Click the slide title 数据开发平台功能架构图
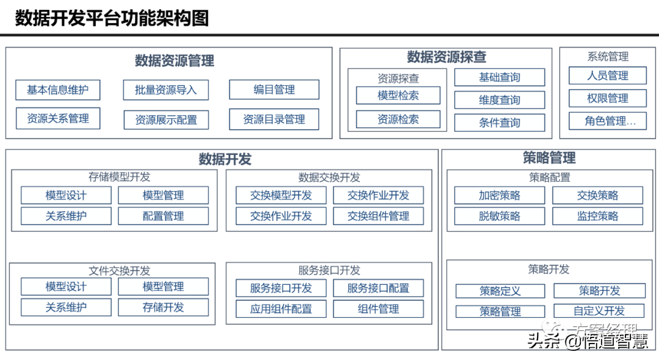pyautogui.click(x=112, y=18)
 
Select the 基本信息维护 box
pyautogui.click(x=57, y=90)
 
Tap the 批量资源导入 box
pyautogui.click(x=166, y=90)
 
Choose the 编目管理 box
pyautogui.click(x=274, y=90)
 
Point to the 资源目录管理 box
pyautogui.click(x=274, y=120)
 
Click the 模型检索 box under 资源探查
pyautogui.click(x=398, y=96)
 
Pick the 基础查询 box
pyautogui.click(x=499, y=77)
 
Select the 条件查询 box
pyautogui.click(x=499, y=123)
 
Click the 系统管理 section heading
pyautogui.click(x=608, y=57)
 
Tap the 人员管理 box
pyautogui.click(x=608, y=76)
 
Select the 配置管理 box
pyautogui.click(x=163, y=216)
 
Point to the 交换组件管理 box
pyautogui.click(x=378, y=216)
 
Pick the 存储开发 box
pyautogui.click(x=163, y=308)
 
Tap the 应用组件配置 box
pyautogui.click(x=281, y=309)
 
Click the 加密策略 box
pyautogui.click(x=499, y=195)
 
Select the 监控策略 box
pyautogui.click(x=597, y=216)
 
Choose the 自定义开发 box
pyautogui.click(x=599, y=311)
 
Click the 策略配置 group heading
pyautogui.click(x=549, y=178)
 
